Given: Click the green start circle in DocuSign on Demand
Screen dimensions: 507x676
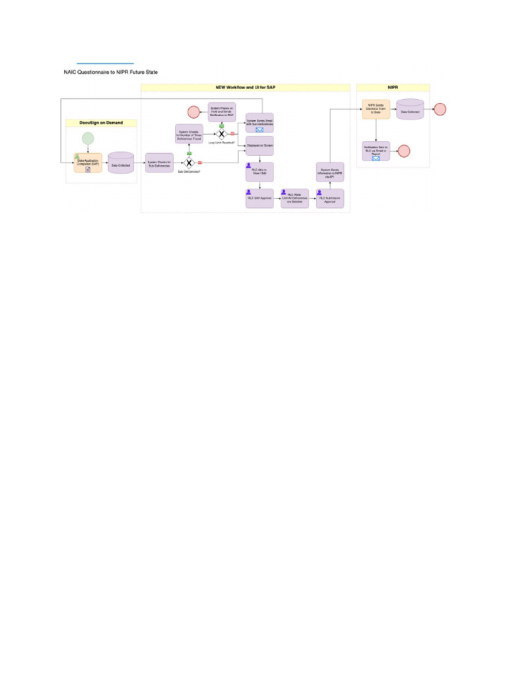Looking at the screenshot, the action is click(x=88, y=139).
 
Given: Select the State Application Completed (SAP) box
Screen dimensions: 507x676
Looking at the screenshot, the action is click(x=88, y=163).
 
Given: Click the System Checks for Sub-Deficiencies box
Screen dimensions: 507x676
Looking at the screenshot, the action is click(x=159, y=163).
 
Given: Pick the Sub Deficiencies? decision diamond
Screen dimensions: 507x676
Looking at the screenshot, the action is click(x=189, y=162).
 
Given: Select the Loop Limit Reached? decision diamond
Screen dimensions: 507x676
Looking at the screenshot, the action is click(x=222, y=134).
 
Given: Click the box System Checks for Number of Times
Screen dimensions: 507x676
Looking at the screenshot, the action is click(x=189, y=134).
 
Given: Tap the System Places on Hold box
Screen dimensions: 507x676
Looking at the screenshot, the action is click(x=222, y=112).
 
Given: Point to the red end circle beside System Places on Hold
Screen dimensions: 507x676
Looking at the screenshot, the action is click(x=193, y=112).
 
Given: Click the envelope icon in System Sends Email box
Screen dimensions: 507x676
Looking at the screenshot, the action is click(x=259, y=130).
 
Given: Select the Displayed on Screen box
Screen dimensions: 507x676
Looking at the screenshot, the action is click(x=259, y=145).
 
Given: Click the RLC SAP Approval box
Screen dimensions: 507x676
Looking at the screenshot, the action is click(x=259, y=198).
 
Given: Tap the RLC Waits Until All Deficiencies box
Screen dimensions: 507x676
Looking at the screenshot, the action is click(x=294, y=198).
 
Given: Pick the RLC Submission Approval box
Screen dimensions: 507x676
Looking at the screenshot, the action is click(x=330, y=198).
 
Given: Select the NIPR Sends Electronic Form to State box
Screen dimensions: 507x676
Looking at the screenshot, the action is click(x=376, y=110).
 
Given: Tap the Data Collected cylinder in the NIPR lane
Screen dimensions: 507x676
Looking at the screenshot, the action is click(x=409, y=110).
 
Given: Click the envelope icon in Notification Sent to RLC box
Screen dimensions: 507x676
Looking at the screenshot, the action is click(x=376, y=158).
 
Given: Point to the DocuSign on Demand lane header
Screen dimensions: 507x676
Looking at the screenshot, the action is click(x=101, y=123).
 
